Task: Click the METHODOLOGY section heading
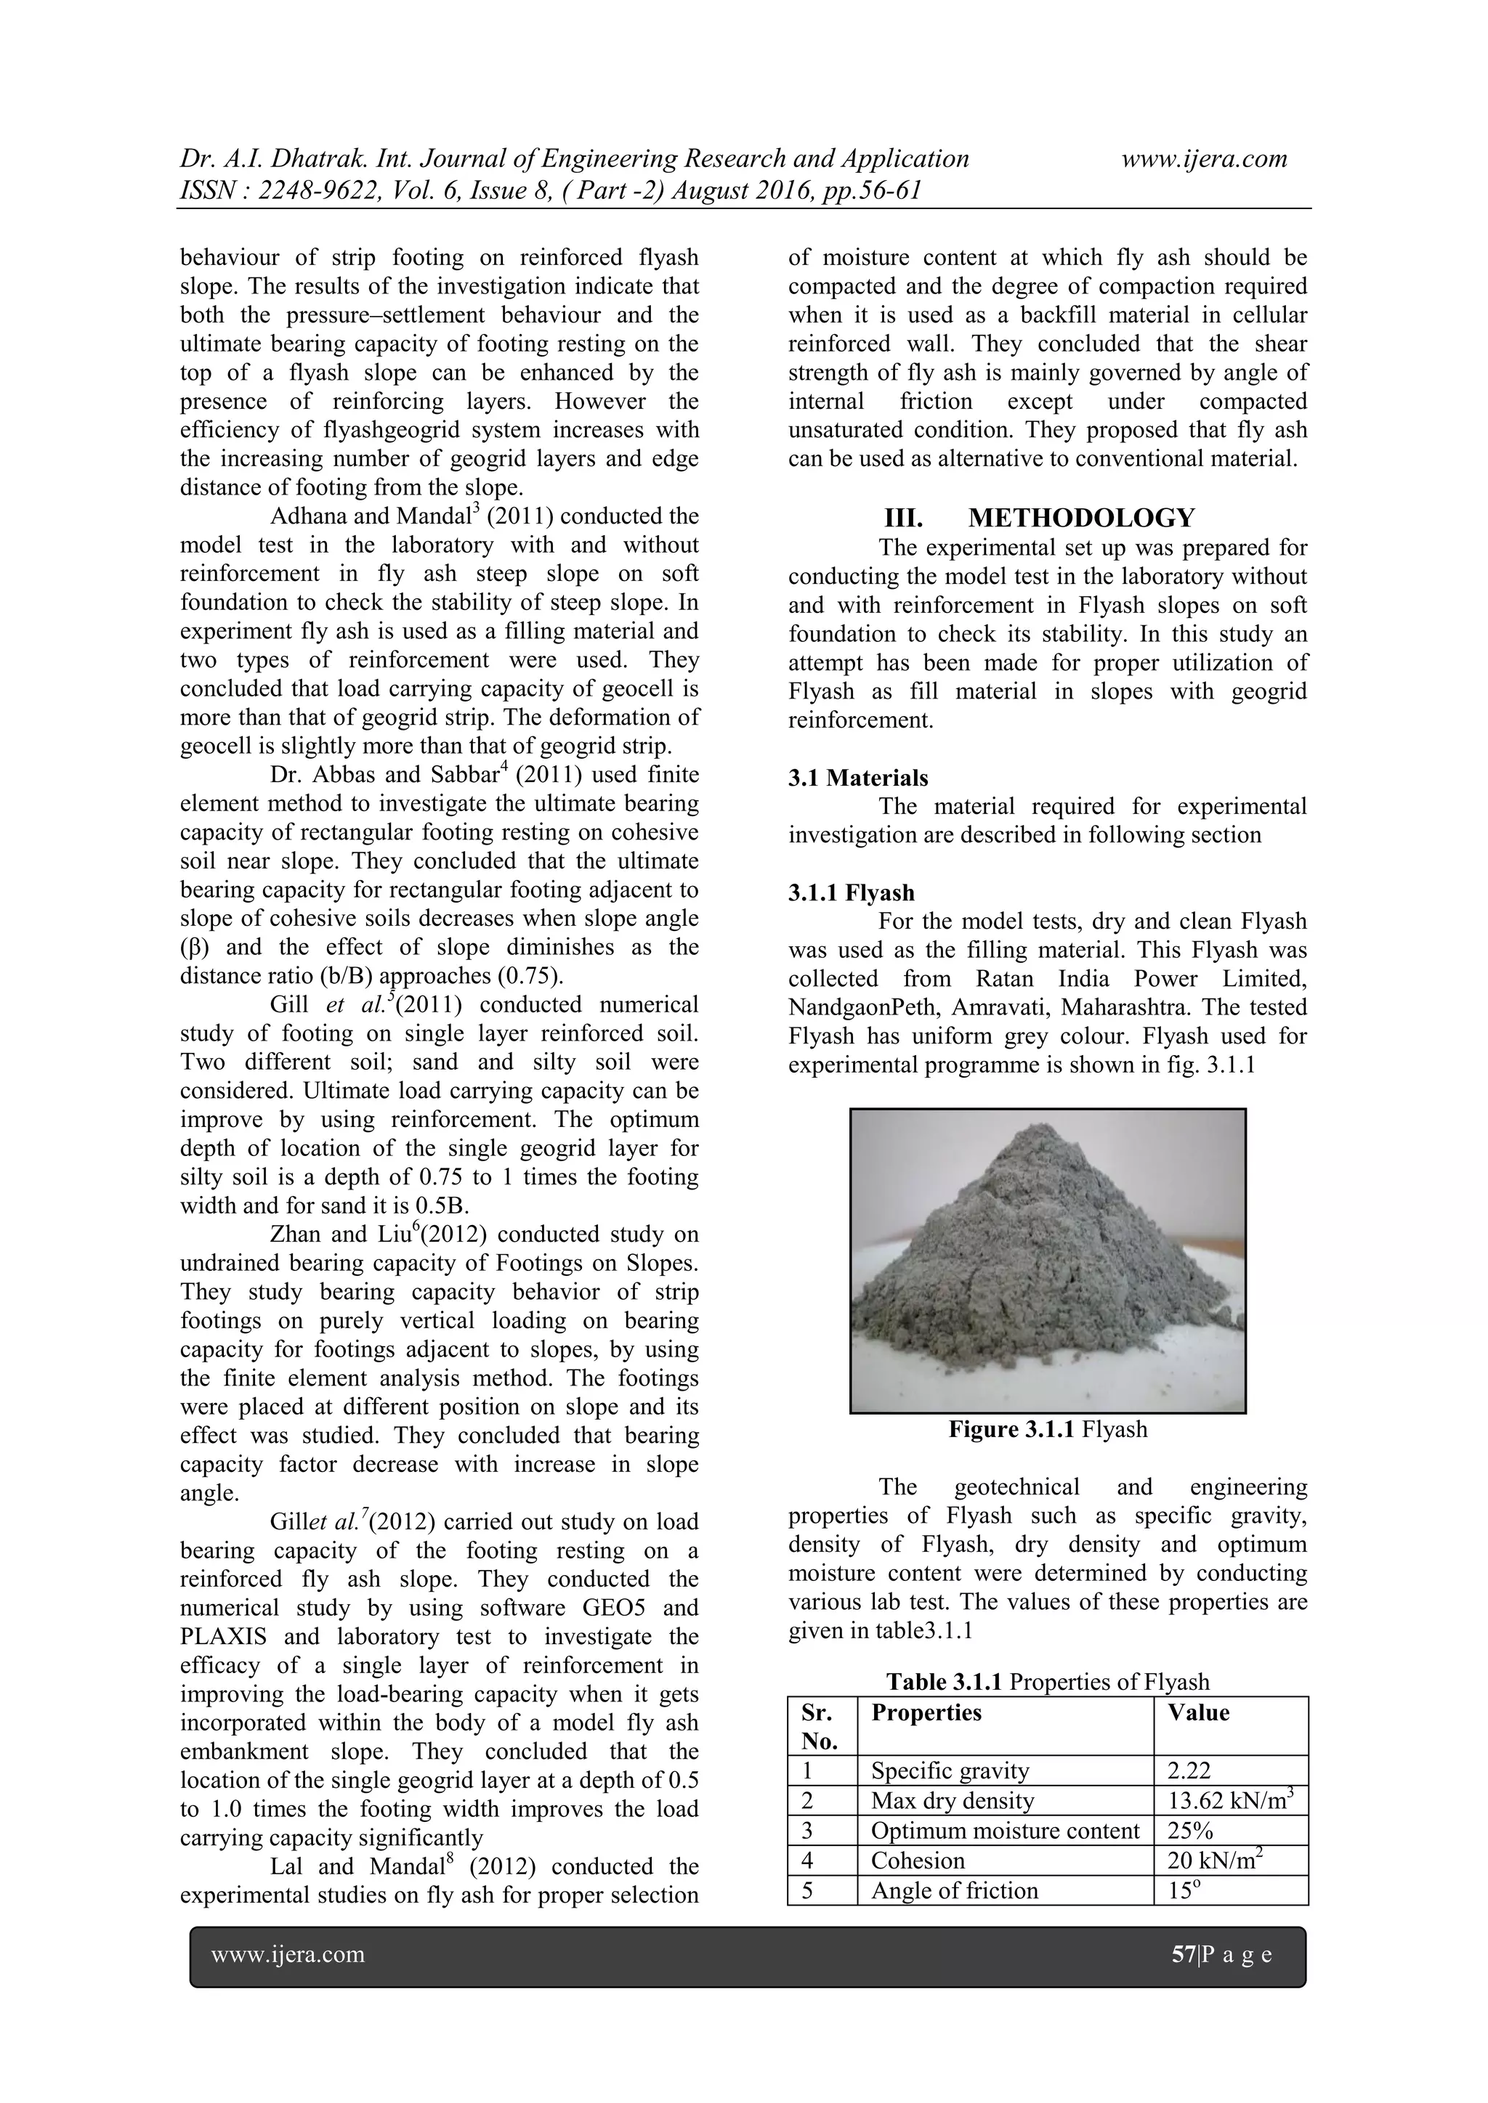(1080, 518)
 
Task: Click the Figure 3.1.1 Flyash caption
(1047, 1430)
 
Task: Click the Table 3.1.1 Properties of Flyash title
(1047, 1682)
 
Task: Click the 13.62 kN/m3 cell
(1229, 1801)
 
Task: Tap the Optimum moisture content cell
(1004, 1831)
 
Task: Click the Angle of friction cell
(954, 1890)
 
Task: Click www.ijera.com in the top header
(1204, 159)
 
